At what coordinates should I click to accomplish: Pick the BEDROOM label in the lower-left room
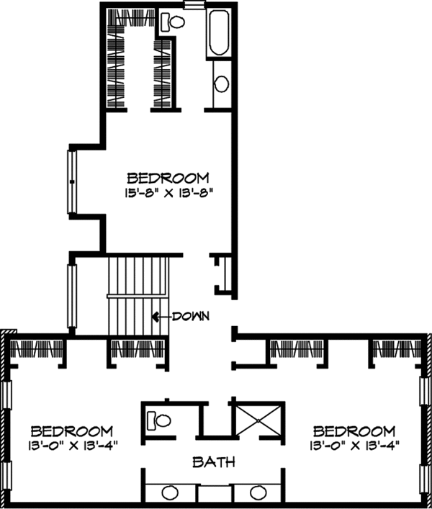point(71,430)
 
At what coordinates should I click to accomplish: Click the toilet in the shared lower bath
point(159,417)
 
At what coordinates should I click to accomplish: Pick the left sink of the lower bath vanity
point(170,494)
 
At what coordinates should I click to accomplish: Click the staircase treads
point(137,295)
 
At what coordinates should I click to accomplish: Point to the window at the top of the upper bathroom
point(194,5)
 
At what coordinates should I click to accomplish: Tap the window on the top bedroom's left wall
point(72,181)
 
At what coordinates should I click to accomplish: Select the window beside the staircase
point(72,295)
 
